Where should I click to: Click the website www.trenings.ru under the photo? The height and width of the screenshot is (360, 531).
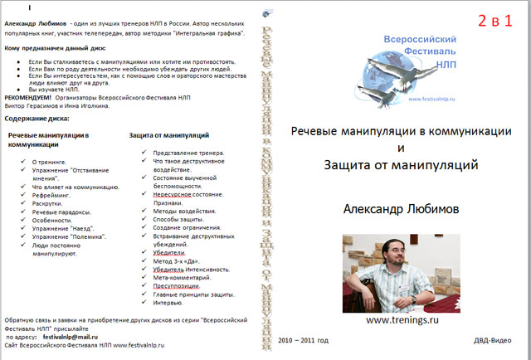coord(402,319)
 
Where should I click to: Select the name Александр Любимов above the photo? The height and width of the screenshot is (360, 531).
coord(401,210)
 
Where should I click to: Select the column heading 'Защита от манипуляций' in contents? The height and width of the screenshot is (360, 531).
coord(168,134)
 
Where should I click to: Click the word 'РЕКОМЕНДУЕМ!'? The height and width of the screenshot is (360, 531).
coord(27,98)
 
